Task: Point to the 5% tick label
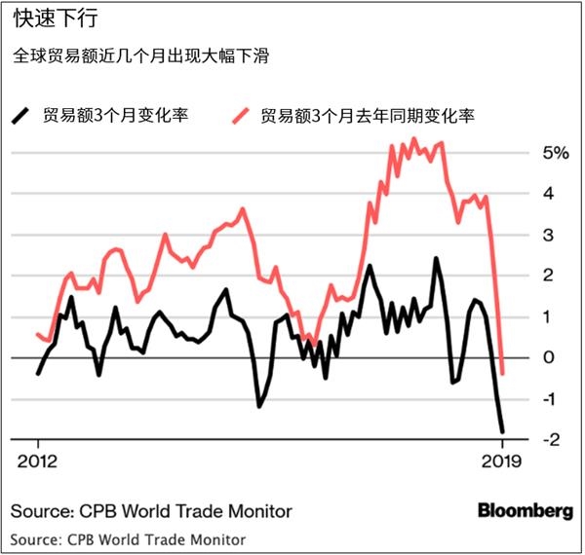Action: (x=553, y=153)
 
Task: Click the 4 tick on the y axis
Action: (x=549, y=194)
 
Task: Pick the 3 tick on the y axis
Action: (x=549, y=235)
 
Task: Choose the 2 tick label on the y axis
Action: (x=549, y=276)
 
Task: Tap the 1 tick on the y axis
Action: (x=549, y=316)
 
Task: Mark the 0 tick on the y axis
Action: (x=549, y=357)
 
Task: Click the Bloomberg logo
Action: (x=525, y=510)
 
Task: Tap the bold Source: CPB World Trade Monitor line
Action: (x=151, y=510)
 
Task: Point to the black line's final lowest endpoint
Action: (x=503, y=431)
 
